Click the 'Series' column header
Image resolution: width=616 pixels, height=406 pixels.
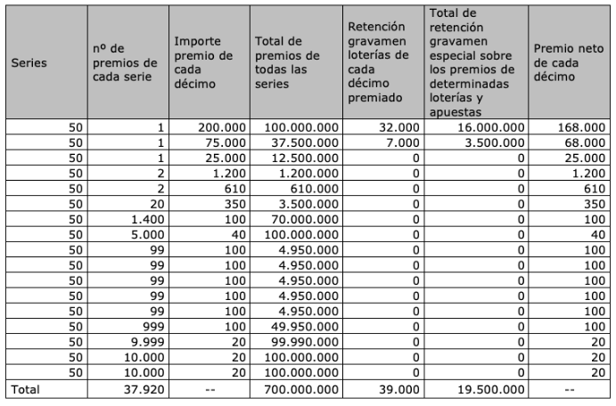(29, 63)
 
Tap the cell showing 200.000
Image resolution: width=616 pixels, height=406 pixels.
(220, 127)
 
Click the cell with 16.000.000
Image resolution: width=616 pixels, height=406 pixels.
(488, 127)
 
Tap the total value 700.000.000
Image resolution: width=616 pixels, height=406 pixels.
(299, 389)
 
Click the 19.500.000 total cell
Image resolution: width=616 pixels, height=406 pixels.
(488, 389)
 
